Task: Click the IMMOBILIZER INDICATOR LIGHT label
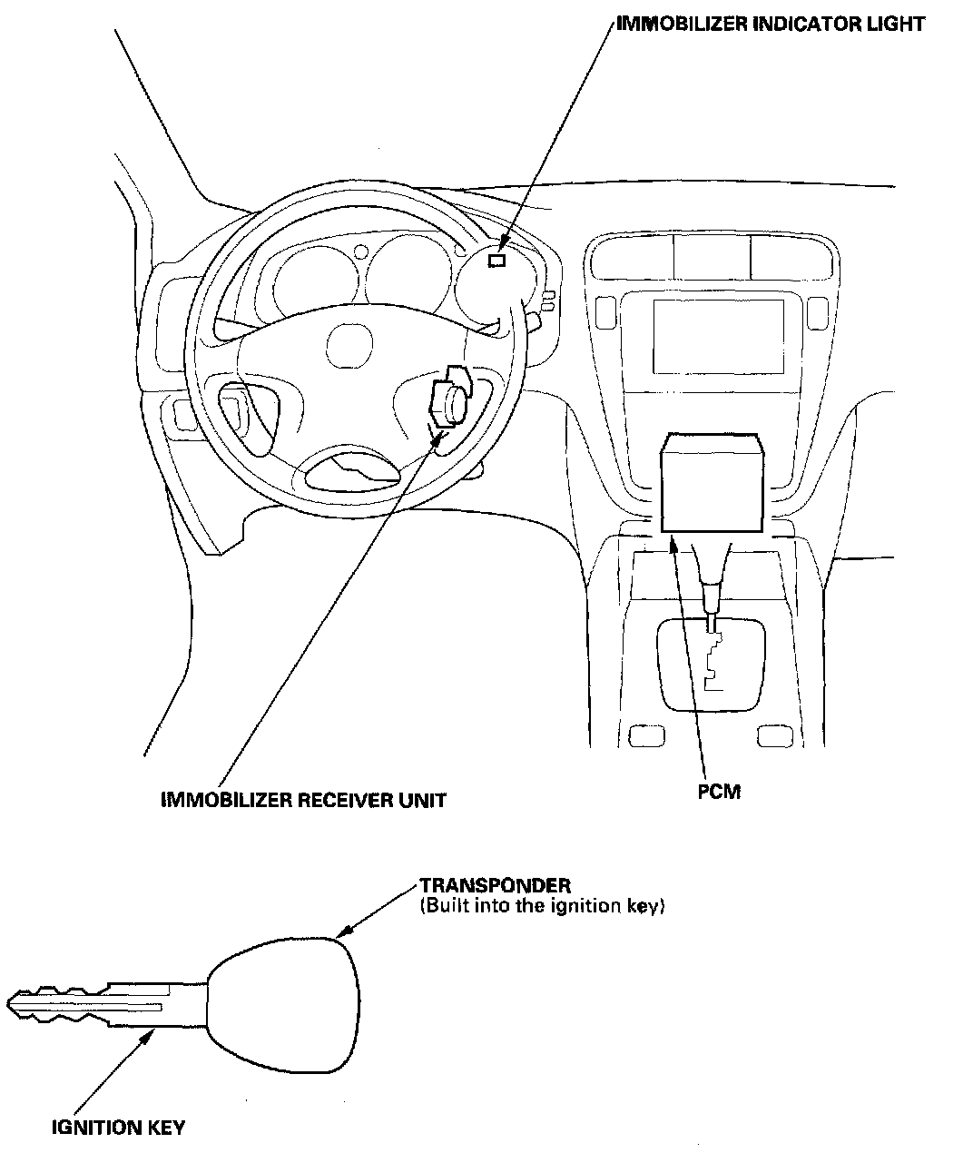pyautogui.click(x=771, y=24)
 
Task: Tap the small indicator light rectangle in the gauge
pyautogui.click(x=496, y=261)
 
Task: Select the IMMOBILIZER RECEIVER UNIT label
pyautogui.click(x=303, y=800)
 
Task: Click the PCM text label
pyautogui.click(x=719, y=792)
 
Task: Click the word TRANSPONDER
pyautogui.click(x=495, y=885)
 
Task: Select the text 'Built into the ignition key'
pyautogui.click(x=543, y=906)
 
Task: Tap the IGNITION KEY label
pyautogui.click(x=118, y=1128)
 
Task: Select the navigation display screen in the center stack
pyautogui.click(x=718, y=335)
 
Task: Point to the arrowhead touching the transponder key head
pyautogui.click(x=342, y=934)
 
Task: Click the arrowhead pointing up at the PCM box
pyautogui.click(x=673, y=542)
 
